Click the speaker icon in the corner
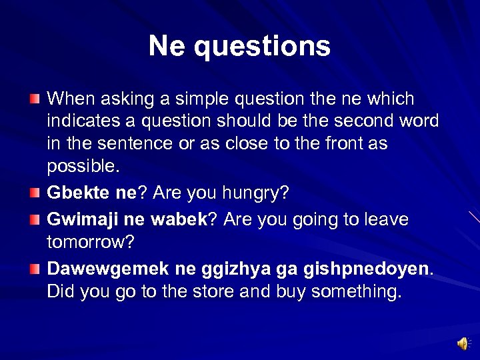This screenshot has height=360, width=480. pos(462,343)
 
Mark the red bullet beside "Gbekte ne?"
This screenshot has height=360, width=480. pos(35,193)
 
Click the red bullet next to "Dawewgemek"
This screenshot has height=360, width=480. pos(35,269)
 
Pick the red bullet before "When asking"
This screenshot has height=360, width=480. pos(35,99)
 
